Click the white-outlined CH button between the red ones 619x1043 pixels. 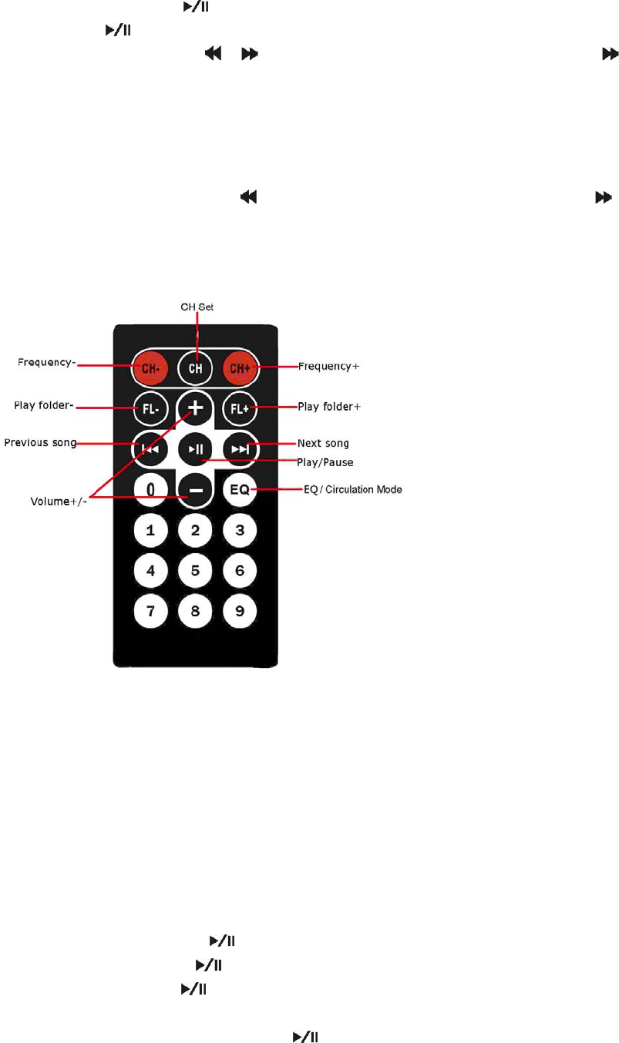196,367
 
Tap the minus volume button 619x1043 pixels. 196,490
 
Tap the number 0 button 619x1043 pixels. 151,489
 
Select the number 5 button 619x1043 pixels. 196,571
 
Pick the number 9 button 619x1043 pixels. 240,612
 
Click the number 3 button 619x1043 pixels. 240,530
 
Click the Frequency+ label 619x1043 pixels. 329,367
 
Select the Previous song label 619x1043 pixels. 40,443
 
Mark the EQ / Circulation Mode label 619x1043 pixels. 352,489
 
